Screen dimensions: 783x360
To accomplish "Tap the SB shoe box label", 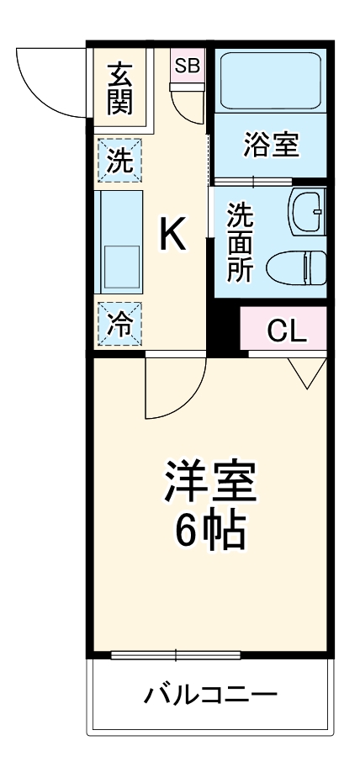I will (186, 65).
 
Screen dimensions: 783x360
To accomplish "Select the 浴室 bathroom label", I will (271, 144).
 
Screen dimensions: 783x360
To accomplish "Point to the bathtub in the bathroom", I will (271, 82).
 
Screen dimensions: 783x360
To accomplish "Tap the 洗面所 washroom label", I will (240, 243).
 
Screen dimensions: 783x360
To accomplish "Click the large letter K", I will (173, 235).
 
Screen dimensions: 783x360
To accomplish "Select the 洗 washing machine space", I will (120, 160).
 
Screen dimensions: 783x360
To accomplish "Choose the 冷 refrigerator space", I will (119, 324).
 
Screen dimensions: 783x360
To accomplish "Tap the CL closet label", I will (286, 331).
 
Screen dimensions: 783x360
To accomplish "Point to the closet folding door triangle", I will (306, 371).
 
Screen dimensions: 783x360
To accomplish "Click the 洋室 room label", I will (209, 481).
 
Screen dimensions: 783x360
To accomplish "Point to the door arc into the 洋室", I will (172, 387).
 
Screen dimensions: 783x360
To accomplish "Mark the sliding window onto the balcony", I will (176, 654).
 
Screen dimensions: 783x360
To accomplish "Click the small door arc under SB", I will (186, 104).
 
